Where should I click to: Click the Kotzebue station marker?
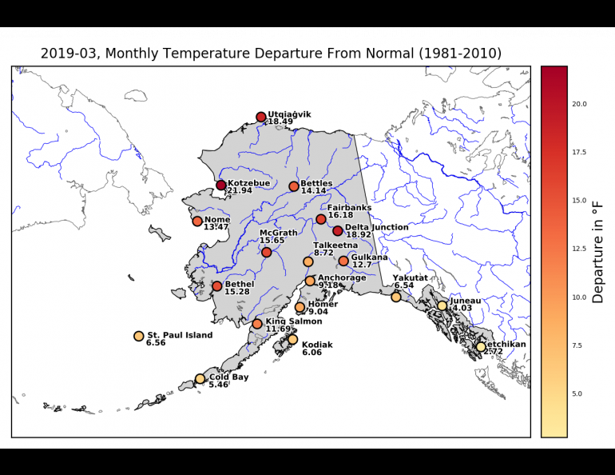(221, 186)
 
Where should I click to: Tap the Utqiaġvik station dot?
(261, 117)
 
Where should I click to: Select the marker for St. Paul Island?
(139, 337)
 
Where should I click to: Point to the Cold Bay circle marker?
(200, 379)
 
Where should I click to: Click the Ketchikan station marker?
(481, 346)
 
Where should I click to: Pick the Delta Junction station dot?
(338, 231)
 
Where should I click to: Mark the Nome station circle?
(197, 221)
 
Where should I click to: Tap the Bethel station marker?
(217, 286)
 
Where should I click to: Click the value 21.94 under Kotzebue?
(240, 191)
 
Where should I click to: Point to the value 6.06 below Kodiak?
(311, 352)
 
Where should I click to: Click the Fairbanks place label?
(349, 208)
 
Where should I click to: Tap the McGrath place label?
(278, 233)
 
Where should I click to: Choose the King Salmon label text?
(294, 321)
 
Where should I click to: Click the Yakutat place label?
(410, 277)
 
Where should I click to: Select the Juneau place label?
(465, 301)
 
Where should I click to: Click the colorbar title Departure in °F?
(597, 252)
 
